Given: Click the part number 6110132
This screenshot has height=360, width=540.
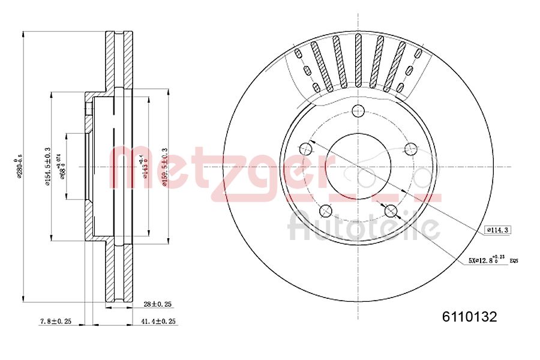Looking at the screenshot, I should pyautogui.click(x=469, y=317).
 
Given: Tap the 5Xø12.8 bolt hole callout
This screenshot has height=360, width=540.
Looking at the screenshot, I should pyautogui.click(x=487, y=260).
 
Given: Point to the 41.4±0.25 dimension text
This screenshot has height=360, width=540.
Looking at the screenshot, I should pyautogui.click(x=158, y=322).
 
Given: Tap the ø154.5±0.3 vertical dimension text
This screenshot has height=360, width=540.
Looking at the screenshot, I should pyautogui.click(x=47, y=167).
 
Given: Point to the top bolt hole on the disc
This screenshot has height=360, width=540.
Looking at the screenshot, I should pyautogui.click(x=358, y=110).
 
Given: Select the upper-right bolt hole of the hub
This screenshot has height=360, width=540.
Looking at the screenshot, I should pyautogui.click(x=412, y=148).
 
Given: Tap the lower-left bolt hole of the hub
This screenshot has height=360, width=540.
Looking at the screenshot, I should pyautogui.click(x=326, y=211).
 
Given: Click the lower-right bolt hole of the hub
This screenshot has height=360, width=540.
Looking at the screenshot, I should pyautogui.click(x=391, y=211).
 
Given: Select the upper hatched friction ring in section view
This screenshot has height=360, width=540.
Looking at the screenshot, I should pyautogui.click(x=119, y=60).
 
